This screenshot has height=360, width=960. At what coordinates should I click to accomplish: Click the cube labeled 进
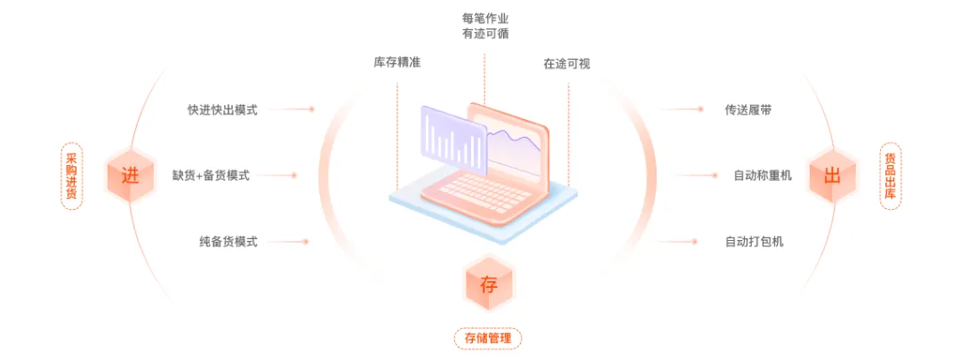coord(130,175)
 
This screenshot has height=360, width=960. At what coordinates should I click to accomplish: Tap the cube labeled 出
coord(832,175)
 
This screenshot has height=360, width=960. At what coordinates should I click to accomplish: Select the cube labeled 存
coord(489,285)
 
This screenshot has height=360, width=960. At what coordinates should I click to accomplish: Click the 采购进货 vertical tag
coord(71,175)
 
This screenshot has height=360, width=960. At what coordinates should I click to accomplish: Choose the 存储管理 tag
coord(488,338)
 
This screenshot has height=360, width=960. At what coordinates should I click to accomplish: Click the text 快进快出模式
coord(222,109)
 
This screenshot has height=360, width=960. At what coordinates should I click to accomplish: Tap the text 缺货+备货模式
coord(211,175)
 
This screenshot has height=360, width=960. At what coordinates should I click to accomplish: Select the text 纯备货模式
coord(228,241)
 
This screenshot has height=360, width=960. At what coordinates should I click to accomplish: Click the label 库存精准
coord(397,63)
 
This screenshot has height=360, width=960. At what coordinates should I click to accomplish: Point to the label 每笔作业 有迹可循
coord(485,26)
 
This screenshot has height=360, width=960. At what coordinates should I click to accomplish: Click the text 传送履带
coord(755,109)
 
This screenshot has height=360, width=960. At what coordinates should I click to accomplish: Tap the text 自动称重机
coord(762,175)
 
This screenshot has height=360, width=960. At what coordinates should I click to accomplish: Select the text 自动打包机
coord(755,241)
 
